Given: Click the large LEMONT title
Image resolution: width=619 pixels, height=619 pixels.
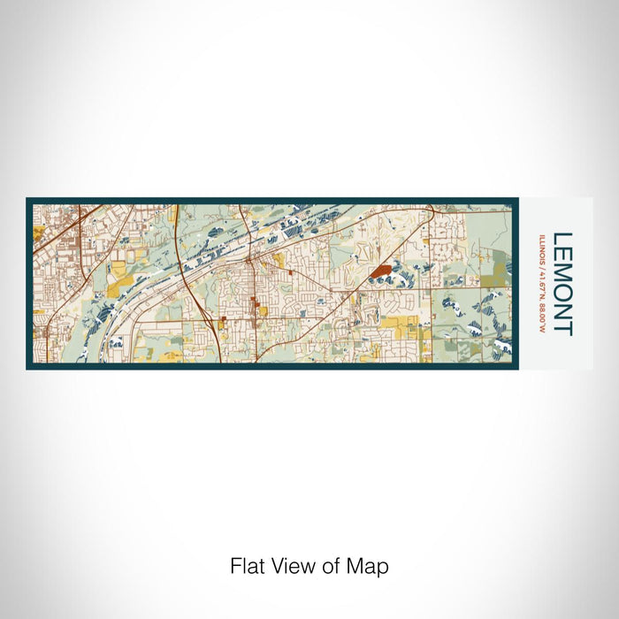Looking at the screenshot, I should (562, 284).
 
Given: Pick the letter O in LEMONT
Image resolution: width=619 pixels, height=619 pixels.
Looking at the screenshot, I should (562, 293).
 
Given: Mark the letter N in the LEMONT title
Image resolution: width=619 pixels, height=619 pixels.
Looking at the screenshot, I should (562, 312).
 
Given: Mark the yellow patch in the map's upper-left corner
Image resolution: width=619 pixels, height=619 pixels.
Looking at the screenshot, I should (38, 234).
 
